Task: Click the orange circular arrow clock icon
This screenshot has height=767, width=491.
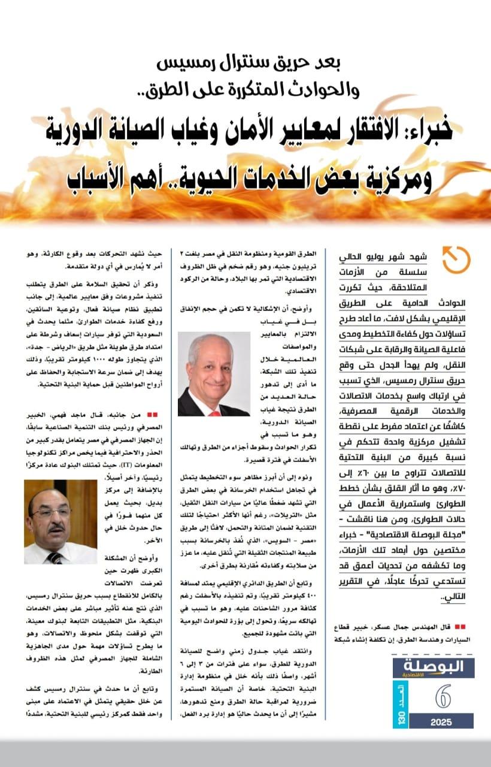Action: click(456, 259)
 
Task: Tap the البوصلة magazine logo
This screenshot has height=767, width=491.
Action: click(434, 668)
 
